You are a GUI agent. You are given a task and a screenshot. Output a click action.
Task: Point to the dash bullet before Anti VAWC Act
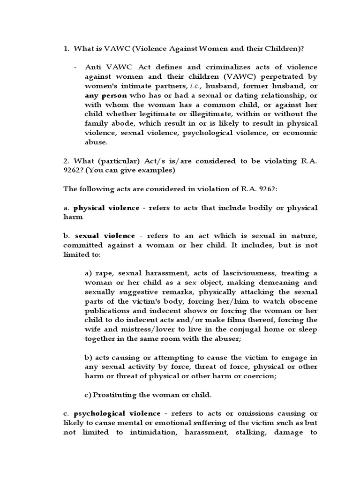pyautogui.click(x=75, y=67)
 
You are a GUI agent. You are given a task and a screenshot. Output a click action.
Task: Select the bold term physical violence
pyautogui.click(x=106, y=208)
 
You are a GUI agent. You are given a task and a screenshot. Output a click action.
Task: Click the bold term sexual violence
pyautogui.click(x=105, y=236)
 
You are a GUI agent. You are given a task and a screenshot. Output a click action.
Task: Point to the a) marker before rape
pyautogui.click(x=89, y=273)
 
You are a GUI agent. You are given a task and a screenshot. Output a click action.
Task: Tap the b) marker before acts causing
pyautogui.click(x=89, y=357)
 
